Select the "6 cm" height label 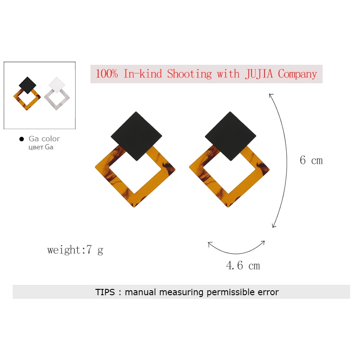(311, 160)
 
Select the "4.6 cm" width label (243, 265)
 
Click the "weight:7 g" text (75, 250)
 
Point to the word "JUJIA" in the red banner (260, 74)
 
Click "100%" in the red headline (107, 74)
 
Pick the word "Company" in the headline (297, 74)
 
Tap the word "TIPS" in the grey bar (105, 292)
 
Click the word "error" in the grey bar (266, 292)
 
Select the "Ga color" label (44, 139)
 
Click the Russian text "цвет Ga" (40, 147)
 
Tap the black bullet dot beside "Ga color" (21, 139)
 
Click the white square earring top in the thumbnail (57, 84)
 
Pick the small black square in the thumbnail (28, 85)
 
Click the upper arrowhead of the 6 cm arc (270, 94)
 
